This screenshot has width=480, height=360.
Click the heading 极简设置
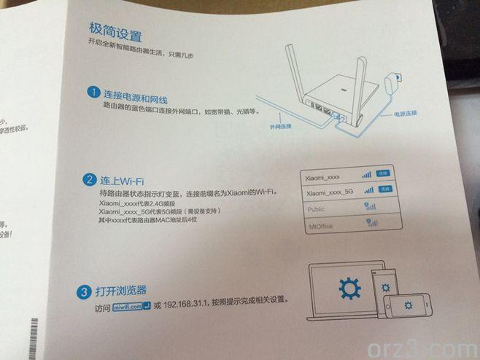tap(115, 34)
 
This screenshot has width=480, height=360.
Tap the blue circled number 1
tap(93, 93)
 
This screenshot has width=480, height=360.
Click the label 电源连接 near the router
tap(406, 114)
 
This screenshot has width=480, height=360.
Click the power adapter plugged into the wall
tap(396, 77)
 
